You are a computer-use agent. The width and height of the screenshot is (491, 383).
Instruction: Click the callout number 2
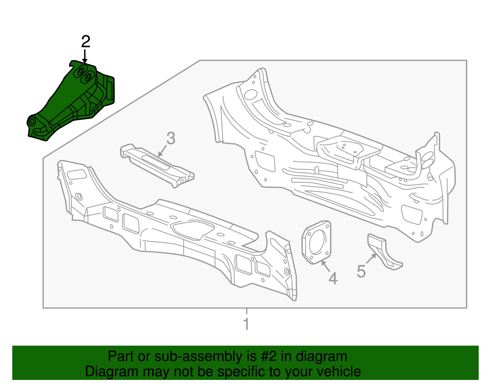pos(86,42)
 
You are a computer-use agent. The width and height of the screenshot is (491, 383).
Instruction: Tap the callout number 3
pos(171,138)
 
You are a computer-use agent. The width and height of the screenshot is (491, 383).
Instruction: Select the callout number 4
pos(333,278)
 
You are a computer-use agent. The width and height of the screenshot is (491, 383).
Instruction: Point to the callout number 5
pos(361,271)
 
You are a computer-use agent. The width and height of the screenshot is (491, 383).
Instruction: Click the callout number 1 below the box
pos(246,324)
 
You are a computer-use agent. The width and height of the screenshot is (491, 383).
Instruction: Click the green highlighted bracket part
pos(74,98)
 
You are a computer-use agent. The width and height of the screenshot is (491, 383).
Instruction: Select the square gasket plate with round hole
pos(317,242)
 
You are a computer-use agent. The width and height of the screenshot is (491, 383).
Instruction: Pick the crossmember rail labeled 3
pos(157,164)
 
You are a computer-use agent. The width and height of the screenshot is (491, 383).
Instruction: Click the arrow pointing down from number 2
pos(85,57)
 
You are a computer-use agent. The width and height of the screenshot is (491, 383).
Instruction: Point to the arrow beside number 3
pos(162,151)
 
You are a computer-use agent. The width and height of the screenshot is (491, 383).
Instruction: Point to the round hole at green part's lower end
pos(32,121)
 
